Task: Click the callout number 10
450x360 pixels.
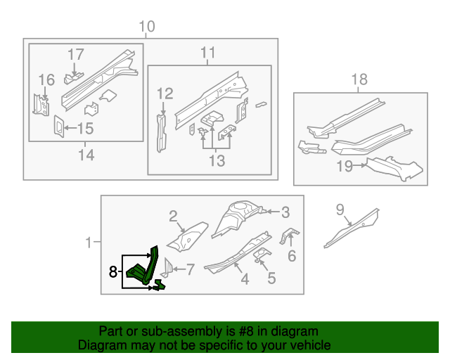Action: point(146,27)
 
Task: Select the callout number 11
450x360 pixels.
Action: point(207,53)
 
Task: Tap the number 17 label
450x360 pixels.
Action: point(75,54)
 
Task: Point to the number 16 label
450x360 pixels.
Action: point(46,79)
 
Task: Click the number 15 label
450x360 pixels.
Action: point(84,128)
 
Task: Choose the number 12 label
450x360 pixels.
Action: point(165,94)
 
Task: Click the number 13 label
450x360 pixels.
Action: point(217,162)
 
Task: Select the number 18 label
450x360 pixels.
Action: point(359,79)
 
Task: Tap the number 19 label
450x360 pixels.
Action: point(344,167)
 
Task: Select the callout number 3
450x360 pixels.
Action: point(285,212)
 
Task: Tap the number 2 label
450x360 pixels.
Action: point(171,216)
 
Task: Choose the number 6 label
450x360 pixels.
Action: point(291,255)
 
